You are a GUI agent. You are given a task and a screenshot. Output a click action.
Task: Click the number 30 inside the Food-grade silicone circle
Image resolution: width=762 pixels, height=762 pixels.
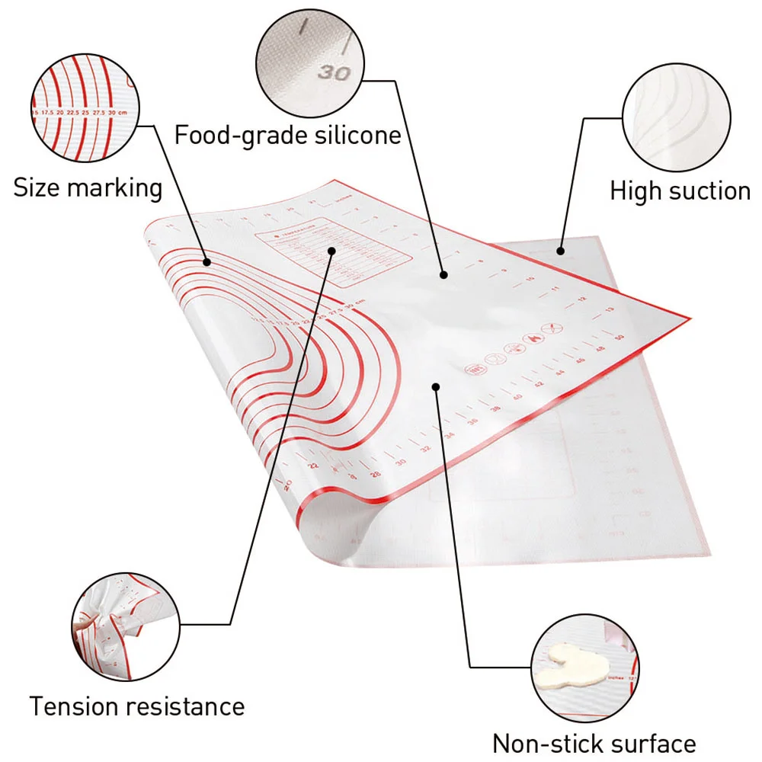coord(333,73)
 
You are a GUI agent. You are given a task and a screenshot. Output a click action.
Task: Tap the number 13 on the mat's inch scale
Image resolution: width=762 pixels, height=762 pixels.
coord(609,309)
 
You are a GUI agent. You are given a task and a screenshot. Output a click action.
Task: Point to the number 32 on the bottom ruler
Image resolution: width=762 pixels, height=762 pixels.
coord(424,448)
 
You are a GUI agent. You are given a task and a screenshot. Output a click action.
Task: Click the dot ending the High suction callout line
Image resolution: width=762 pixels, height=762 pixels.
coord(560,250)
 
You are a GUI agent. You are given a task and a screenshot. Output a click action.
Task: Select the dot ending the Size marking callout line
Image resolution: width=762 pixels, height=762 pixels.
coord(207,261)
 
